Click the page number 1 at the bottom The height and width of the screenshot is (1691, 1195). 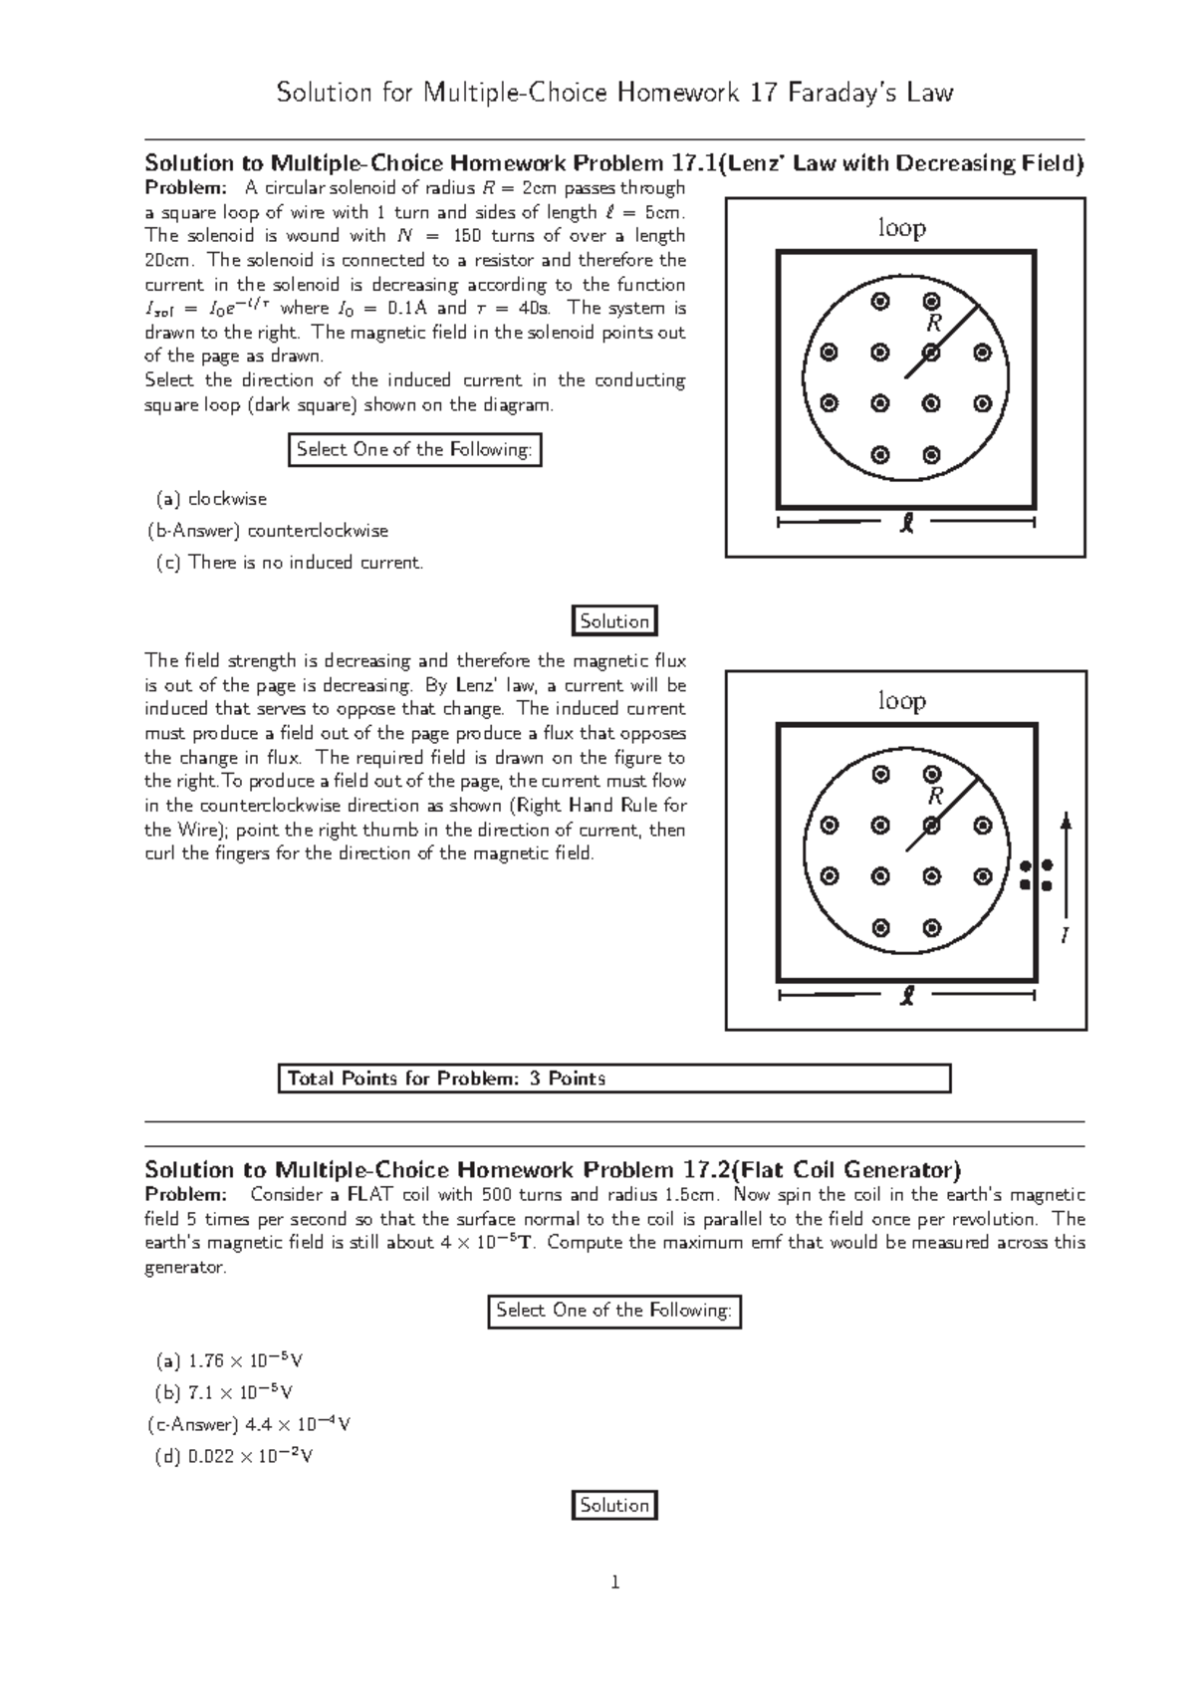coord(615,1582)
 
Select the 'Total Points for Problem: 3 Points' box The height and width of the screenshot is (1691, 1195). coord(613,1079)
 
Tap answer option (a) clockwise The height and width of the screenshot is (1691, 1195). coord(211,498)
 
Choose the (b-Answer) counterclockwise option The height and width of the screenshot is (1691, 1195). coord(268,530)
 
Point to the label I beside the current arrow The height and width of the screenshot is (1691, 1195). coord(1066,934)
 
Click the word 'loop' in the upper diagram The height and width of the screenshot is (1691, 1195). coord(901,228)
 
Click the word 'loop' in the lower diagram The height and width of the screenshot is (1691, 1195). coord(901,701)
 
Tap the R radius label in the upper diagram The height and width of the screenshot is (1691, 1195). coord(934,324)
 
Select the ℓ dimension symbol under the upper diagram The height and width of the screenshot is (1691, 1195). coord(906,522)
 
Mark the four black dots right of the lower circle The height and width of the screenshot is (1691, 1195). coord(1036,875)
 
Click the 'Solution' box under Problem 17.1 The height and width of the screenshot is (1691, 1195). coord(615,621)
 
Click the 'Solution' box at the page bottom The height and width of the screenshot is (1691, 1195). coord(615,1506)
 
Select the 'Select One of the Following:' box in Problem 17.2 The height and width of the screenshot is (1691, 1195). coord(613,1311)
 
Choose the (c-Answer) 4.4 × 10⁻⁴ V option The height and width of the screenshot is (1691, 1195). coord(249,1424)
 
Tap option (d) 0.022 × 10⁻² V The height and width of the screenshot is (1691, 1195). coord(234,1457)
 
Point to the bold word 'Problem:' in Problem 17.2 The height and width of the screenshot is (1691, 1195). coord(186,1195)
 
